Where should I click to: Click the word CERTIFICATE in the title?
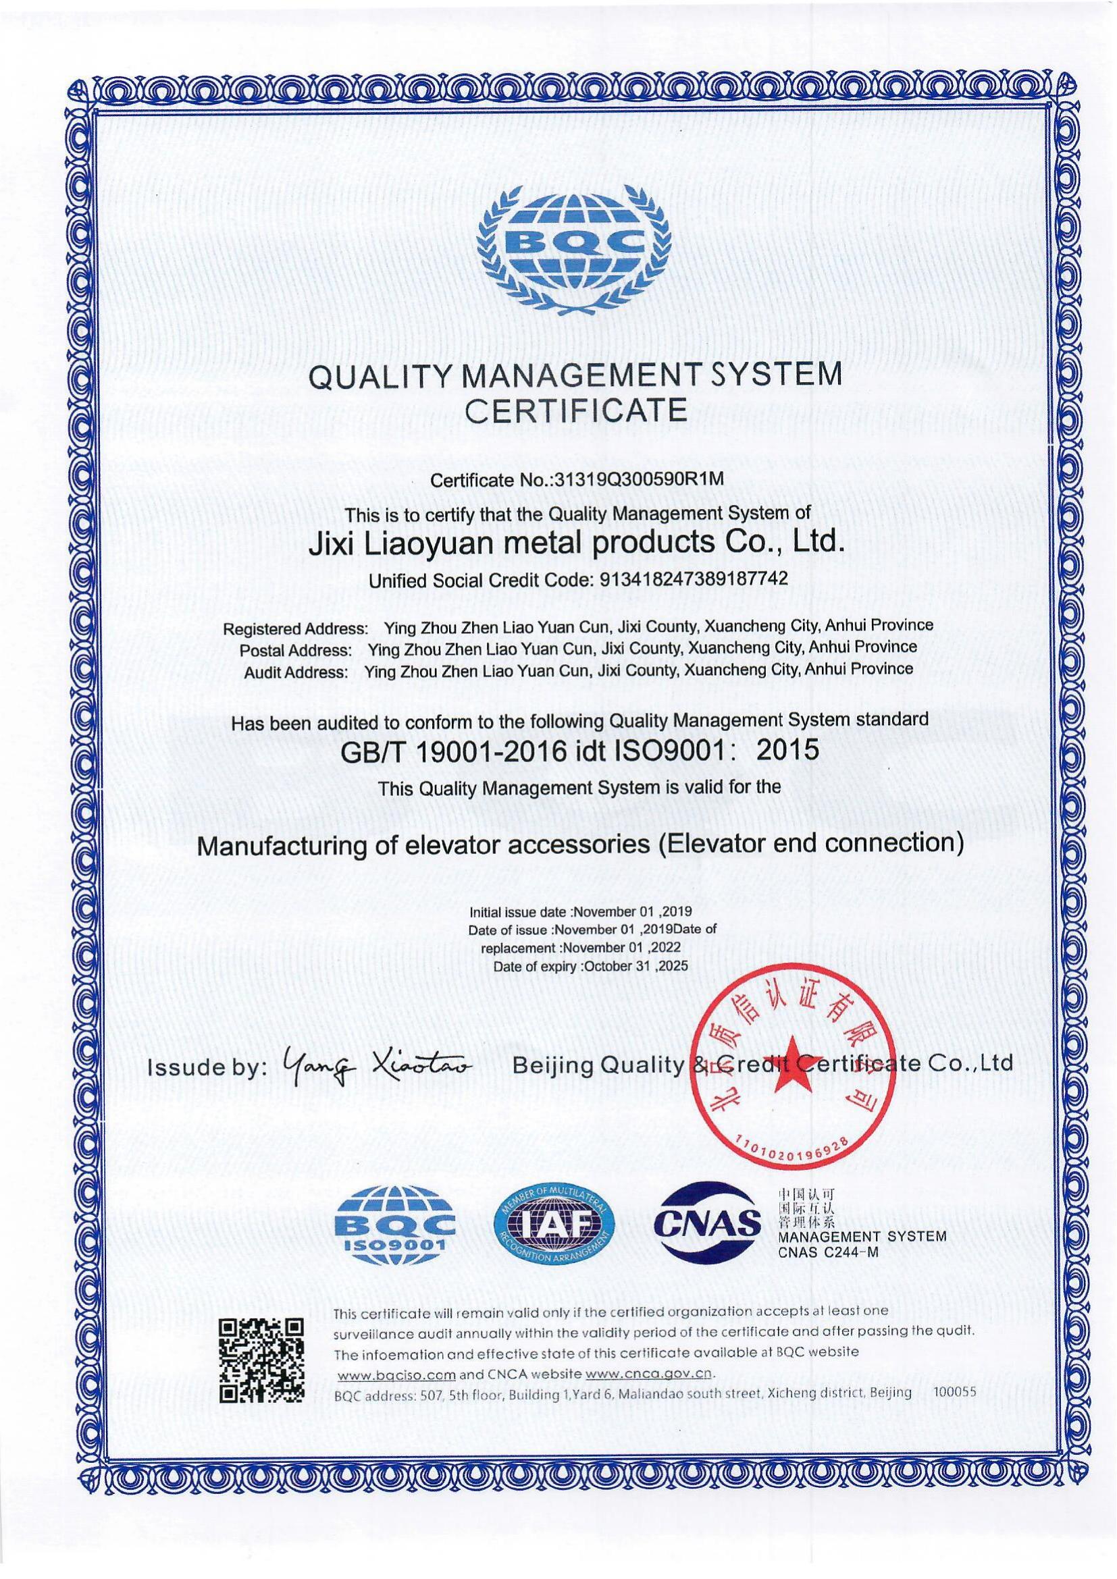point(576,410)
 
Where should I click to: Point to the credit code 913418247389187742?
point(694,580)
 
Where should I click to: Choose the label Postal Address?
point(296,650)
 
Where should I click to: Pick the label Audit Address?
point(296,672)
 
